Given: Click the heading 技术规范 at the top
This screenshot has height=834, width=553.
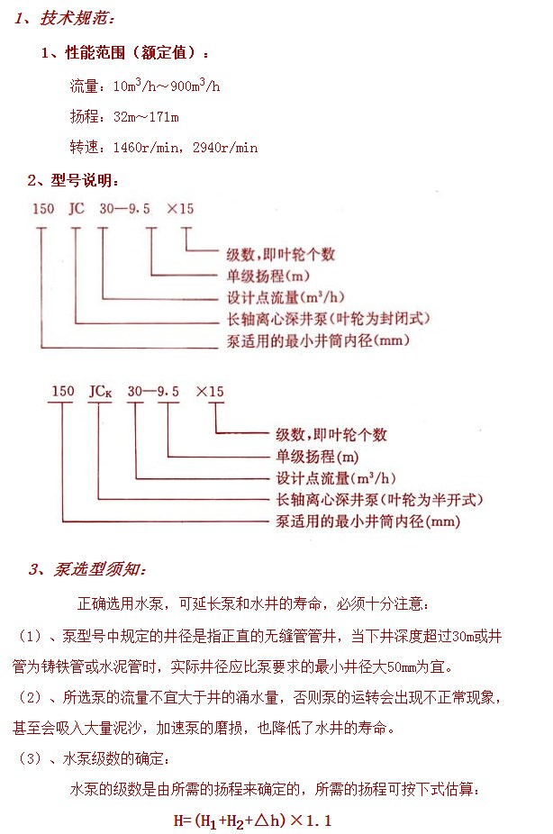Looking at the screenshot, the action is click(x=77, y=19).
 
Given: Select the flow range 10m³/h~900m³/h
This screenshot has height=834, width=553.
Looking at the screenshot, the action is click(x=167, y=85).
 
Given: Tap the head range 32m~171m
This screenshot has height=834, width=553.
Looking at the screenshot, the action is click(x=146, y=116).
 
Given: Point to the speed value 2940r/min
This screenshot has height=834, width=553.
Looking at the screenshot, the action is click(x=225, y=148).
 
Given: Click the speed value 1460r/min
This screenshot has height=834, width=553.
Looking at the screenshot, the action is click(x=146, y=148).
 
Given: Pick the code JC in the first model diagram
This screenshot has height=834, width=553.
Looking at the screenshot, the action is click(x=77, y=209).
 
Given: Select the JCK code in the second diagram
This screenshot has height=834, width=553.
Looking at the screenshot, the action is click(x=101, y=392).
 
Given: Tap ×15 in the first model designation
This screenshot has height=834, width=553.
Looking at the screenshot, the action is click(x=180, y=209).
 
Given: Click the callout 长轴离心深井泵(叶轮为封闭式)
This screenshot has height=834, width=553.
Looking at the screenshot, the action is click(x=328, y=319).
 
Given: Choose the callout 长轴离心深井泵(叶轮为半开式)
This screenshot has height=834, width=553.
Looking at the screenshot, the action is click(x=379, y=500).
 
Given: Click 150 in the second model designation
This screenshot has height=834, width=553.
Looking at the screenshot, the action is click(x=63, y=392).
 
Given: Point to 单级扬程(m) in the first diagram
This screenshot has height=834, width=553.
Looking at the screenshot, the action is click(x=268, y=276).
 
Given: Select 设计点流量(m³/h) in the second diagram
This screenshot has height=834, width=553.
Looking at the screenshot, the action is click(x=336, y=477).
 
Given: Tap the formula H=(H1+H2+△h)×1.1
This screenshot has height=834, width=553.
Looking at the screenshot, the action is click(x=252, y=820).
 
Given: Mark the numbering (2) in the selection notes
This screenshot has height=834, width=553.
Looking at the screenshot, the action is click(x=30, y=697).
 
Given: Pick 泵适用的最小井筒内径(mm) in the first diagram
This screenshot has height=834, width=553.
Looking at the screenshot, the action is click(x=318, y=340).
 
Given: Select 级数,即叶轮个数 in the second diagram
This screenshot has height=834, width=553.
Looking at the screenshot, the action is click(x=331, y=434).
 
